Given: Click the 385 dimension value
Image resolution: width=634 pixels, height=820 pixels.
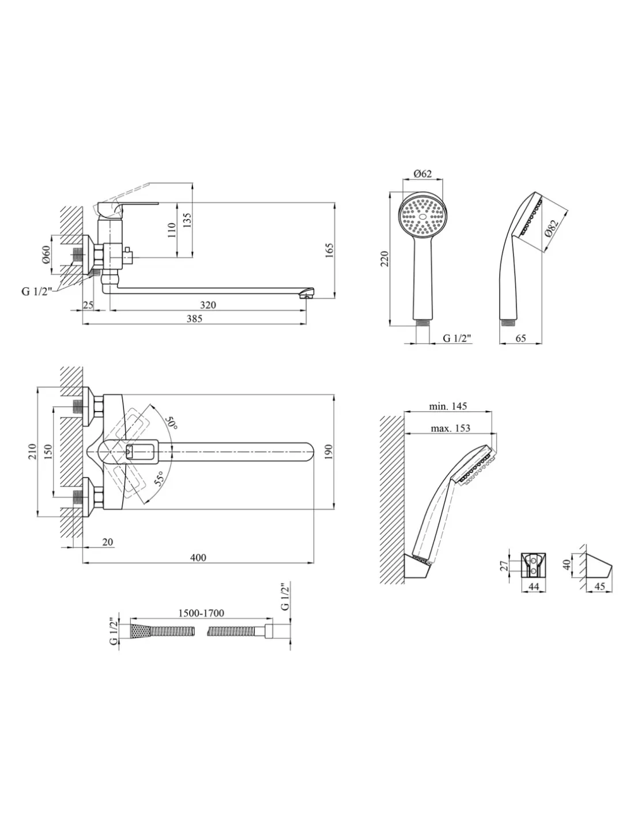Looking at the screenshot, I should (194, 319).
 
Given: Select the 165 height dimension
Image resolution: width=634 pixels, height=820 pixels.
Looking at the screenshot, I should (330, 251).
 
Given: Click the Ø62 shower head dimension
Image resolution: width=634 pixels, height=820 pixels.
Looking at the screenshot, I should (423, 175).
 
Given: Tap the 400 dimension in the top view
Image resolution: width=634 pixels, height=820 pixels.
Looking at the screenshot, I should (198, 557).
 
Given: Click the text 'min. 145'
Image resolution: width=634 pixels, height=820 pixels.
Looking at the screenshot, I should (448, 406).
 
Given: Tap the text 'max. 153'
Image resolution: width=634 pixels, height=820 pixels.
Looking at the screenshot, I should (450, 428).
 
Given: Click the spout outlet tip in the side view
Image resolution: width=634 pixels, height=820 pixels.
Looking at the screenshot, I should (308, 295).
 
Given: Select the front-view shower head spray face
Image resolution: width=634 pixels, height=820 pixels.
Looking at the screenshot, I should (423, 217).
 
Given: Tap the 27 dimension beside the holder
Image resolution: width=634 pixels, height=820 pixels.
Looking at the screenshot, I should (505, 566).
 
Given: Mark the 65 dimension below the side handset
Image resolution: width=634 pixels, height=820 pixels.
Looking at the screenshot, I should (520, 338).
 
